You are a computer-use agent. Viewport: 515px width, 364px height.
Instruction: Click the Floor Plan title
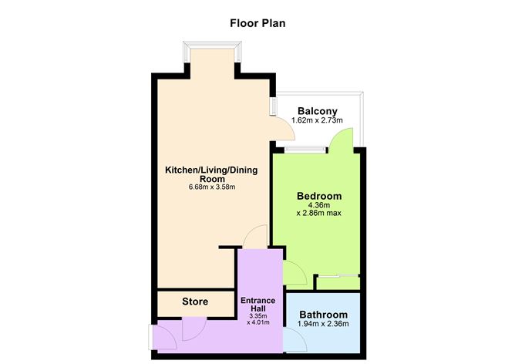[257, 22]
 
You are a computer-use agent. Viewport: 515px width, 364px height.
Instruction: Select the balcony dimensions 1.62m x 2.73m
[316, 121]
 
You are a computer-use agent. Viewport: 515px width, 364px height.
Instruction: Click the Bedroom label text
[319, 196]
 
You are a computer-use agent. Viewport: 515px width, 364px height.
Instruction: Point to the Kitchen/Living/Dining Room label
[210, 174]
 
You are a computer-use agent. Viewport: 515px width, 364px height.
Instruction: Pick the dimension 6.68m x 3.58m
[210, 187]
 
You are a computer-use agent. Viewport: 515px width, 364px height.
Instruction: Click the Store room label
[195, 301]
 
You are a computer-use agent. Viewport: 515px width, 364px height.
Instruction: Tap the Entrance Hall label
[259, 303]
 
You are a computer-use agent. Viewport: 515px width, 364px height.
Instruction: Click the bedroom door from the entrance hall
[294, 271]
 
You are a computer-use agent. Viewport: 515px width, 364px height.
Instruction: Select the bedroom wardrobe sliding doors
[338, 275]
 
